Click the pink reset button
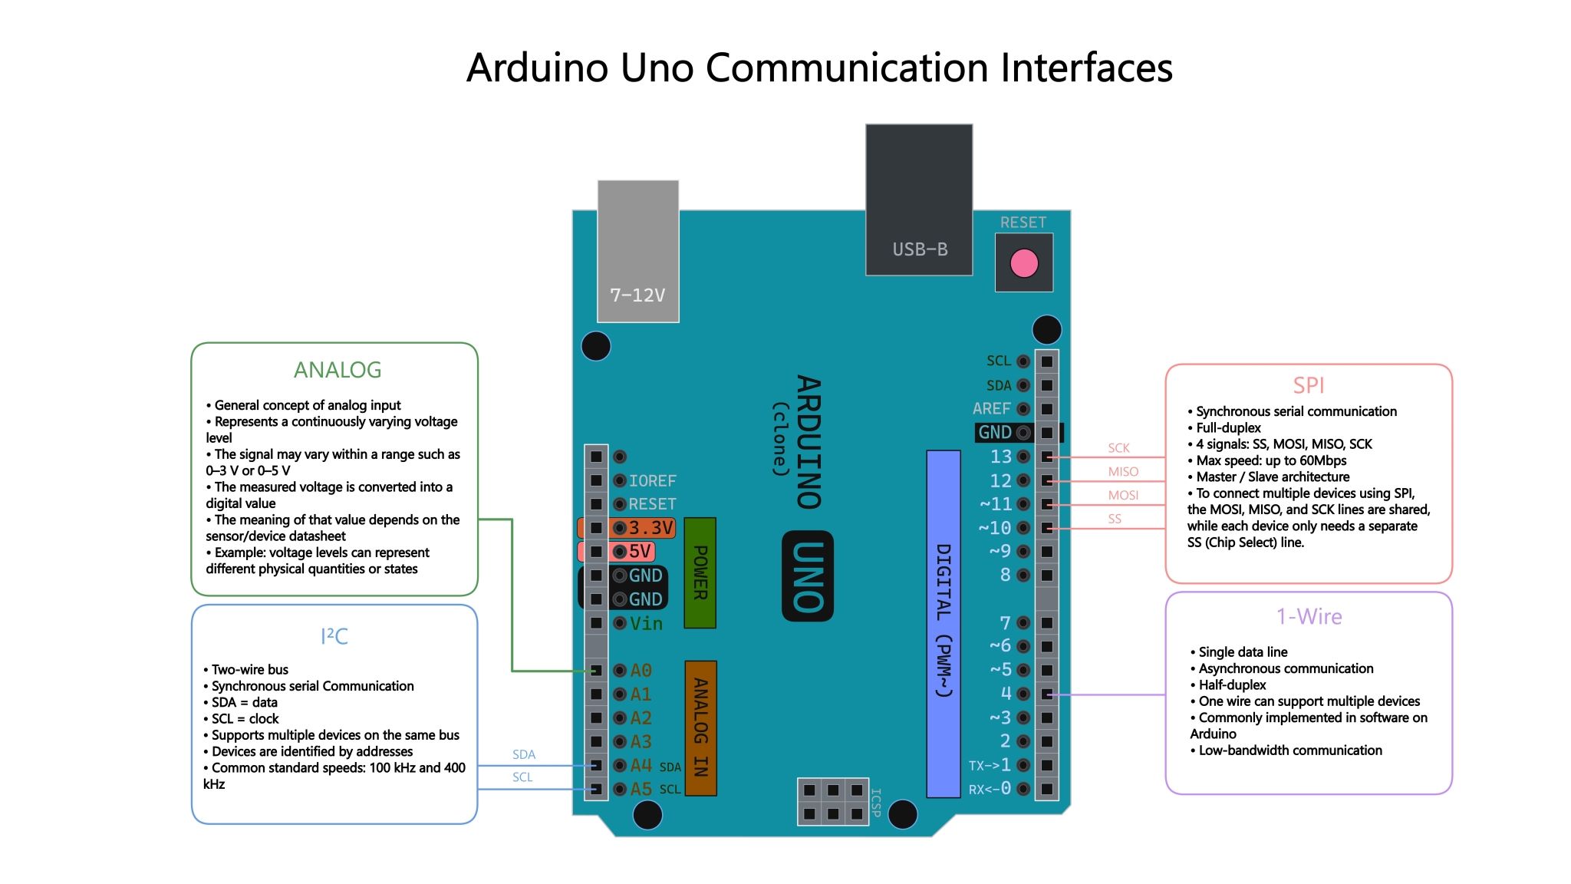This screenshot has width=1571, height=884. pyautogui.click(x=1024, y=263)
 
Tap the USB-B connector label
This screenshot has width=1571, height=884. pyautogui.click(x=920, y=249)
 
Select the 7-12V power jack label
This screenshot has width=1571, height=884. pyautogui.click(x=637, y=295)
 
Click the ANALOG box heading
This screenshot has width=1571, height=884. pyautogui.click(x=338, y=370)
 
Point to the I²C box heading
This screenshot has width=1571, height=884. pyautogui.click(x=334, y=636)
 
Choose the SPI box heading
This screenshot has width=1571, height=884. pyautogui.click(x=1309, y=385)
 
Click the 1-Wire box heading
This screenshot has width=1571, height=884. pyautogui.click(x=1309, y=617)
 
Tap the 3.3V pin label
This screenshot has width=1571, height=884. pyautogui.click(x=650, y=528)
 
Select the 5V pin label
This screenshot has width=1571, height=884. pyautogui.click(x=640, y=552)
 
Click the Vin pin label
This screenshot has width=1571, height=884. pyautogui.click(x=646, y=624)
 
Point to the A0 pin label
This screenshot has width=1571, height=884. pyautogui.click(x=641, y=671)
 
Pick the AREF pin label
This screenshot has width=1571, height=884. pyautogui.click(x=991, y=409)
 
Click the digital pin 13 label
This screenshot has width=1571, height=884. pyautogui.click(x=1001, y=457)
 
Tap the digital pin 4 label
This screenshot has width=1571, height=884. pyautogui.click(x=1006, y=694)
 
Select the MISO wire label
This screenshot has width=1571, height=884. pyautogui.click(x=1123, y=472)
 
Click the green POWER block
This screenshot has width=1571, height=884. pyautogui.click(x=700, y=572)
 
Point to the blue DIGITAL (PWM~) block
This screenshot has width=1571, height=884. pyautogui.click(x=944, y=624)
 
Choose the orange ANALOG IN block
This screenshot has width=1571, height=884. pyautogui.click(x=700, y=727)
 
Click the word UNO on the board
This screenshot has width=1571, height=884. pyautogui.click(x=808, y=576)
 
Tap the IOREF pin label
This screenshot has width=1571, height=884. pyautogui.click(x=653, y=481)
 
